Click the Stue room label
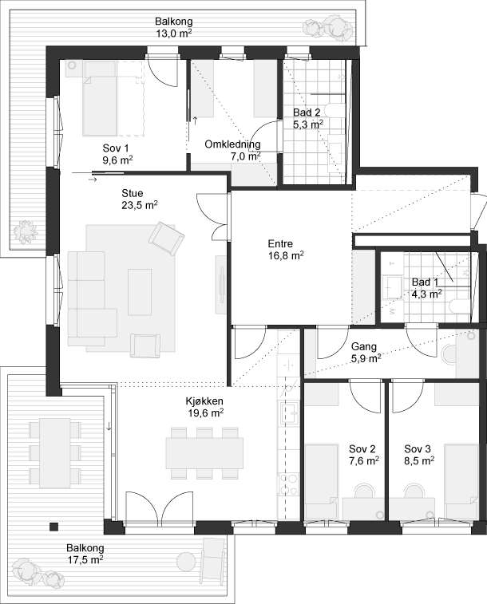tap(133, 193)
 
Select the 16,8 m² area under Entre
tap(286, 255)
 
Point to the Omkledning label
tap(232, 144)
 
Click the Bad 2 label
tap(307, 113)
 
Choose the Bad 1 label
tap(425, 282)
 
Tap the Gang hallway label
tap(364, 347)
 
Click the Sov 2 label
tap(362, 448)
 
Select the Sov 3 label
tap(418, 448)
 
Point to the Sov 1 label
tap(116, 148)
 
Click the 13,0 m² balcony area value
tap(174, 33)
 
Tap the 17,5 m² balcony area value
tap(85, 559)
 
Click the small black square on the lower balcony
tap(54, 527)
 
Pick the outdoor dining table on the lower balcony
tap(55, 453)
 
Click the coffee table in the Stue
tap(140, 292)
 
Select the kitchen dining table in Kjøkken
tap(204, 453)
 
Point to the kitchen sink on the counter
tap(290, 413)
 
